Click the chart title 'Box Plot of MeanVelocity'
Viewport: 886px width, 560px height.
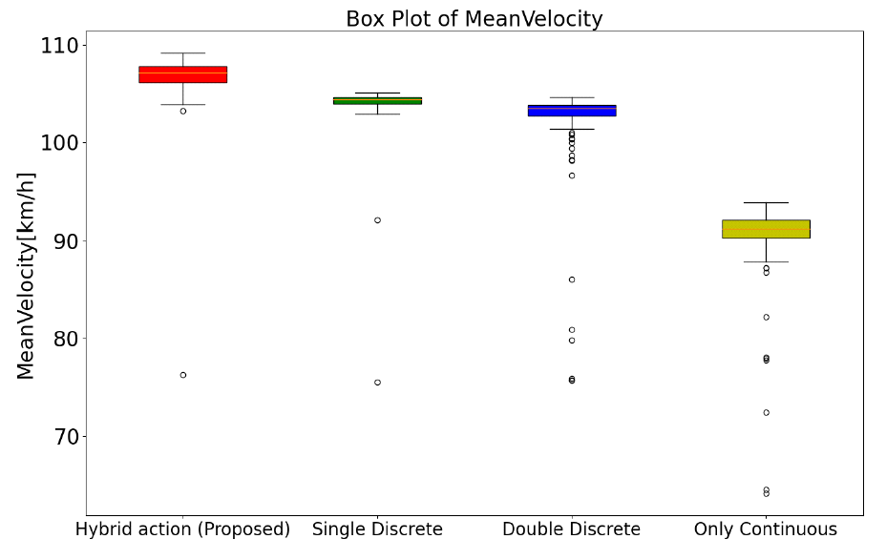474,19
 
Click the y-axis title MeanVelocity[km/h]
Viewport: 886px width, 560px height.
26,276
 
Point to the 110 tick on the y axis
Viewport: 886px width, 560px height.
62,46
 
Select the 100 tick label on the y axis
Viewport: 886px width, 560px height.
62,143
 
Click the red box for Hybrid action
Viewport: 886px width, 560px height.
182,74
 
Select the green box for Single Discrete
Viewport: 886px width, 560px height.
377,100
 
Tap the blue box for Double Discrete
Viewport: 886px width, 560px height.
572,111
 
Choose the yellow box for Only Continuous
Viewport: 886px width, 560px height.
766,229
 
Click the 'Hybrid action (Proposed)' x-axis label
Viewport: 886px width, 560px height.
182,529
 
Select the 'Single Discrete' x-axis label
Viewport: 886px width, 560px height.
377,529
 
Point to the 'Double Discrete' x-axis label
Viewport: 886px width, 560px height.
572,529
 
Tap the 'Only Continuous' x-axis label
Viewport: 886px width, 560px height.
766,529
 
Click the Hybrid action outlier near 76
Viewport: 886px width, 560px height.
182,375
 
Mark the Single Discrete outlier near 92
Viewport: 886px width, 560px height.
377,220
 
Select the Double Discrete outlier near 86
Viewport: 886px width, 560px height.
572,280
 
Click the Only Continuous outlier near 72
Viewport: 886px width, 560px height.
766,413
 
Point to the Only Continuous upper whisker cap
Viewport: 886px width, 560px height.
766,202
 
